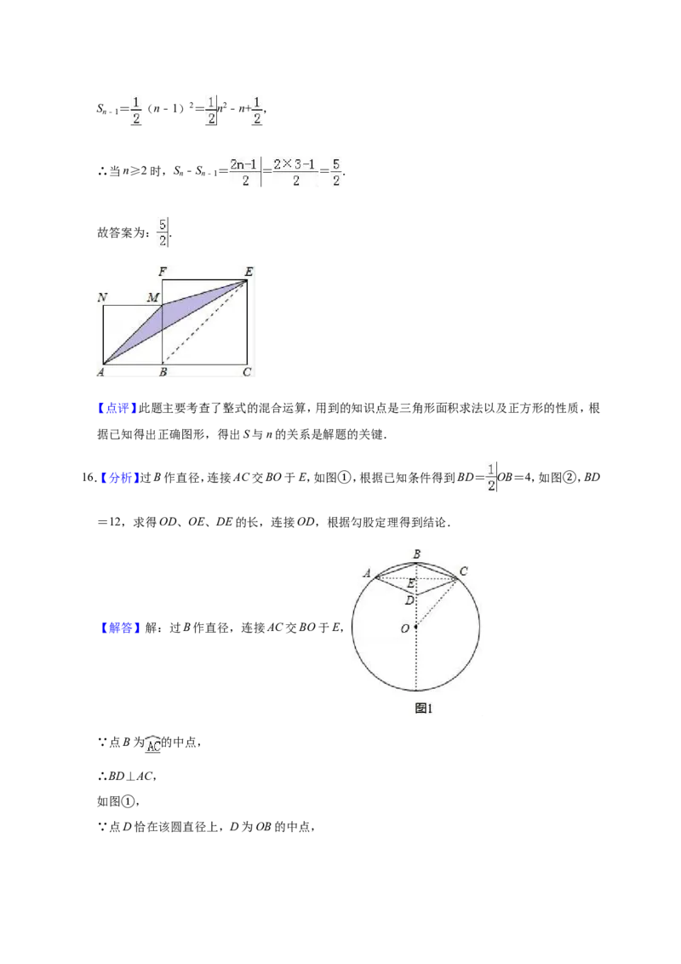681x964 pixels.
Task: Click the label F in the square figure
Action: coord(163,271)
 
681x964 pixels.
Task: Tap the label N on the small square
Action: coord(103,297)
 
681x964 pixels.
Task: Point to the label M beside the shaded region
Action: coord(153,297)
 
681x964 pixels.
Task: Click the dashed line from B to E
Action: coord(204,322)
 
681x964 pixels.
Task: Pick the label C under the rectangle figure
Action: coord(247,372)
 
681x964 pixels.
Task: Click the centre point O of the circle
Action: coord(416,627)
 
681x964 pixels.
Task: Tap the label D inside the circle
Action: coord(409,600)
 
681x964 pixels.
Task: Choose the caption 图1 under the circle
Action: coord(423,709)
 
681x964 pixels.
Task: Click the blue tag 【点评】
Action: coord(117,408)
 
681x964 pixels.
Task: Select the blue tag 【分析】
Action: coord(118,478)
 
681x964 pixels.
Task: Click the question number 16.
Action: coord(89,478)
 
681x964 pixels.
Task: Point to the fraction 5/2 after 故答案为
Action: coord(163,232)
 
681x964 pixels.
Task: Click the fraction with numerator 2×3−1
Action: coord(295,172)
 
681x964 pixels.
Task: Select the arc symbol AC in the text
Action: coord(153,743)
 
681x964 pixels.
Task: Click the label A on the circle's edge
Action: coord(367,573)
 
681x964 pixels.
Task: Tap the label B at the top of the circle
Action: coord(417,554)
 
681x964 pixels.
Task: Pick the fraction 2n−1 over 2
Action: coord(244,172)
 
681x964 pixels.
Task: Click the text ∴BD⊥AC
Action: coord(127,777)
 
